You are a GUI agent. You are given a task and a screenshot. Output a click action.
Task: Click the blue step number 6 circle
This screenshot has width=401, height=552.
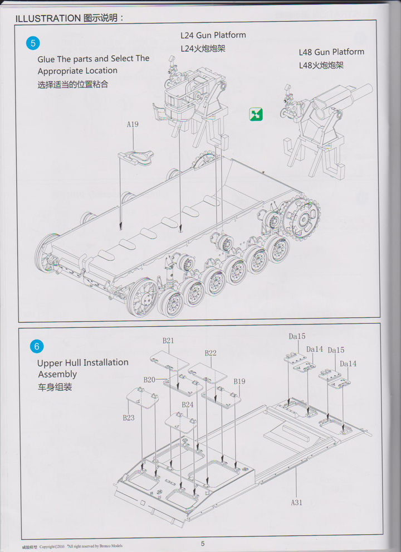coord(36,346)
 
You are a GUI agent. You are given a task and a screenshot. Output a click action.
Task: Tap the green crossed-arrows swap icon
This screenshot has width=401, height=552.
coord(256,114)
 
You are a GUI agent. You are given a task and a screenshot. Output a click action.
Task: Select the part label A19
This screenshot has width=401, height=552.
coord(132,124)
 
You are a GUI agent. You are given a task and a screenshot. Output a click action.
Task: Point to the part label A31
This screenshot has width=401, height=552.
coord(296,502)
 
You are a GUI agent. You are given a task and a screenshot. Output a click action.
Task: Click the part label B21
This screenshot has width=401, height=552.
coord(168,341)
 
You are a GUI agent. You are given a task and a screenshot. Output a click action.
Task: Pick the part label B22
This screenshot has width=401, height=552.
coord(210,353)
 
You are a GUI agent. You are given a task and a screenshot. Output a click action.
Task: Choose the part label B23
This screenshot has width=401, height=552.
coord(129,417)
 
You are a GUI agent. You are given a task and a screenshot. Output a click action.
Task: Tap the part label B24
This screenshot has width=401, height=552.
coord(187,405)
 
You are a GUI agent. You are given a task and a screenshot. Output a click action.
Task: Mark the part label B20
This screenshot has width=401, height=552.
coord(149,380)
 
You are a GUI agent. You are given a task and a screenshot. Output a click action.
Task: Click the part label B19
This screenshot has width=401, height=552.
coord(239,381)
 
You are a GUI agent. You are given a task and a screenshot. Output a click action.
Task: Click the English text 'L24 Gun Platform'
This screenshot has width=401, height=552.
coord(213,35)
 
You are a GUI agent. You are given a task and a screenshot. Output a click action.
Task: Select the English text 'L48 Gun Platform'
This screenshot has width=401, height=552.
coord(331,52)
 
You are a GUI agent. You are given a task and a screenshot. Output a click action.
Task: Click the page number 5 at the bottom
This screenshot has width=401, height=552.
coord(203,544)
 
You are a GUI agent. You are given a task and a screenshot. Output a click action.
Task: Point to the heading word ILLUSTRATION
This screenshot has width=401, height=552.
coord(48,18)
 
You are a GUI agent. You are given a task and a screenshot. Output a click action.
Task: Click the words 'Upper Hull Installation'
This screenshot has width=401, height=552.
coord(82,362)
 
